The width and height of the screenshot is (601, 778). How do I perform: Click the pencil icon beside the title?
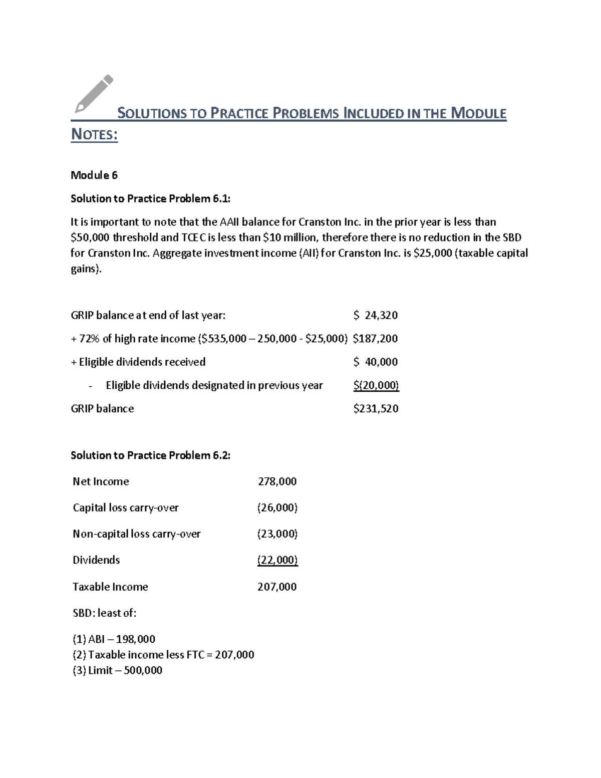[94, 94]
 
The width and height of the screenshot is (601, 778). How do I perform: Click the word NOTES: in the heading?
[94, 135]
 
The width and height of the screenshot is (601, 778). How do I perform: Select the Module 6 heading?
[94, 175]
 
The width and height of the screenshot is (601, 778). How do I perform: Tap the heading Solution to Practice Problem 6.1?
[150, 199]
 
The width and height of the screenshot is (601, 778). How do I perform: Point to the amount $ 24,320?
[375, 315]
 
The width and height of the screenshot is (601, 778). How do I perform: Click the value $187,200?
[375, 339]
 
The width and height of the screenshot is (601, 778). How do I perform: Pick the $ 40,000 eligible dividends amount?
[375, 362]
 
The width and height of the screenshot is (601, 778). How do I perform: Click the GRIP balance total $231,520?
[376, 409]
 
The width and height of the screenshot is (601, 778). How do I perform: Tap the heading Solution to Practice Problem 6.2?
[150, 455]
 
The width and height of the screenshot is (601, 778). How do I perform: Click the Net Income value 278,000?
[277, 482]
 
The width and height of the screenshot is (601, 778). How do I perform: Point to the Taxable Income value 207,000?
[277, 587]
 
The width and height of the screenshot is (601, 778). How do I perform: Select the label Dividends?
[96, 560]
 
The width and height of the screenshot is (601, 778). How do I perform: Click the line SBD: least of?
[104, 613]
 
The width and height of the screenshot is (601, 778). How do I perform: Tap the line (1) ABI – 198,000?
[114, 639]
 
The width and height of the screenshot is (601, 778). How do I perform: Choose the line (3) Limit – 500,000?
[117, 671]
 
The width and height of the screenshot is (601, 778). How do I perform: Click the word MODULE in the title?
[478, 113]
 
